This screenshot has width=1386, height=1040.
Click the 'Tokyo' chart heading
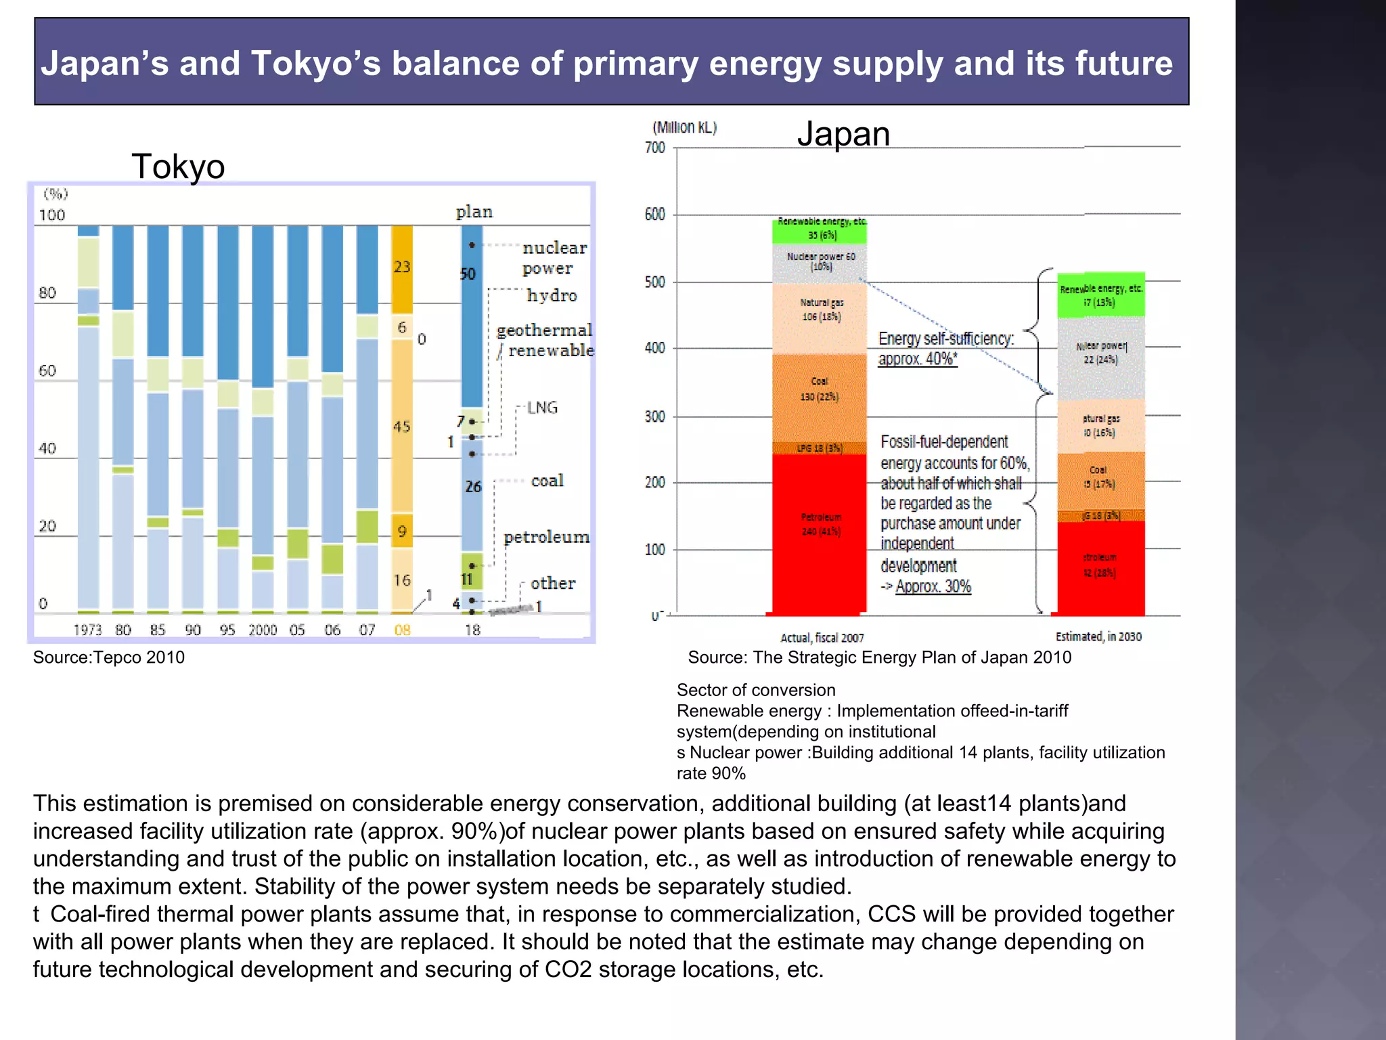[x=178, y=167]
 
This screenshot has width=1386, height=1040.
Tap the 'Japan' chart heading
[x=843, y=133]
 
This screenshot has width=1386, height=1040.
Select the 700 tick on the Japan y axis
[x=655, y=148]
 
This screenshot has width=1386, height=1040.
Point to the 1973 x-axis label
[x=87, y=630]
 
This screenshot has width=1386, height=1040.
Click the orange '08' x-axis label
[x=402, y=630]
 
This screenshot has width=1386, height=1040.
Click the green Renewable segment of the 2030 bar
[x=1101, y=295]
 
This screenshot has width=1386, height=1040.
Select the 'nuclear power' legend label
[x=554, y=258]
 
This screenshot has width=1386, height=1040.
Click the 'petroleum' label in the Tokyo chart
[x=546, y=538]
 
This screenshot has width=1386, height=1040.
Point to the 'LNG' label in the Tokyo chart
[x=542, y=408]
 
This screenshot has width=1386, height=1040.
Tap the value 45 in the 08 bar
[x=402, y=427]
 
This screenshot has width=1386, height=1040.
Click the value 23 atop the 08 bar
[x=402, y=267]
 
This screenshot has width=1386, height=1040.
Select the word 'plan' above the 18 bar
[x=474, y=212]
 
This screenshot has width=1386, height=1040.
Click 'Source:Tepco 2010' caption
[x=109, y=657]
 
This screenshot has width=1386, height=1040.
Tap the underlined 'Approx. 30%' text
[x=933, y=586]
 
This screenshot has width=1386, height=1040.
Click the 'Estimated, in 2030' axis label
[x=1098, y=636]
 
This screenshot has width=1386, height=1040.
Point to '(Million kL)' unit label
[x=684, y=127]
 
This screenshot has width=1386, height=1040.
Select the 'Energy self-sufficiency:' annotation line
[x=946, y=339]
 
